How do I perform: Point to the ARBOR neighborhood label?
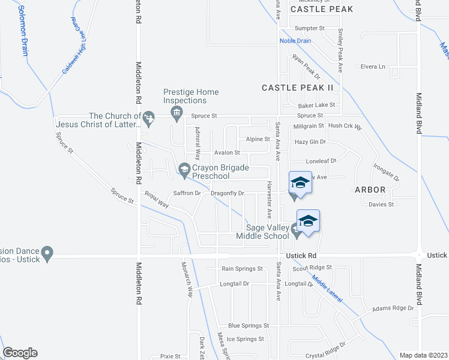tap(369, 190)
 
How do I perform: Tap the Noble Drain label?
tap(295, 41)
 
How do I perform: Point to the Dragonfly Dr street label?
tap(228, 193)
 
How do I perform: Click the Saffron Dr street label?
tap(186, 193)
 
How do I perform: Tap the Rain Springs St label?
tap(243, 269)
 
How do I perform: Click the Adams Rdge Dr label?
tap(393, 308)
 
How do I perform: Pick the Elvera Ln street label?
tap(372, 67)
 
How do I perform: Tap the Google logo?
tap(20, 353)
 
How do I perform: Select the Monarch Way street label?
tap(191, 280)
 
